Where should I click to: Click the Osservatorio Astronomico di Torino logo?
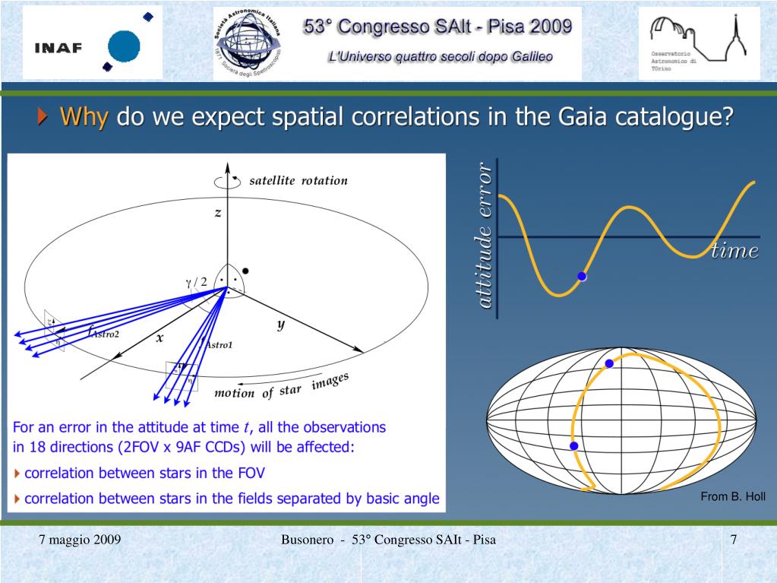699,43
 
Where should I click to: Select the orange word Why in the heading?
85,118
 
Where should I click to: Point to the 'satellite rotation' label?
298,181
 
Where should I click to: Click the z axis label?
218,213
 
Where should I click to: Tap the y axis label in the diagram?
280,325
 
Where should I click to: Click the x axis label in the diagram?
160,340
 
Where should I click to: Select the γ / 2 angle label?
196,281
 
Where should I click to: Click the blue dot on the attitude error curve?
582,277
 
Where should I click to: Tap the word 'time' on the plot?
734,252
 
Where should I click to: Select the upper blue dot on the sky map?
609,364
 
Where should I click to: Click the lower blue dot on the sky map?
574,445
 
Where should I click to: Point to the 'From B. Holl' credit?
732,497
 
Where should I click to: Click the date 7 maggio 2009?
80,540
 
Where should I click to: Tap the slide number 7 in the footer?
734,540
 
